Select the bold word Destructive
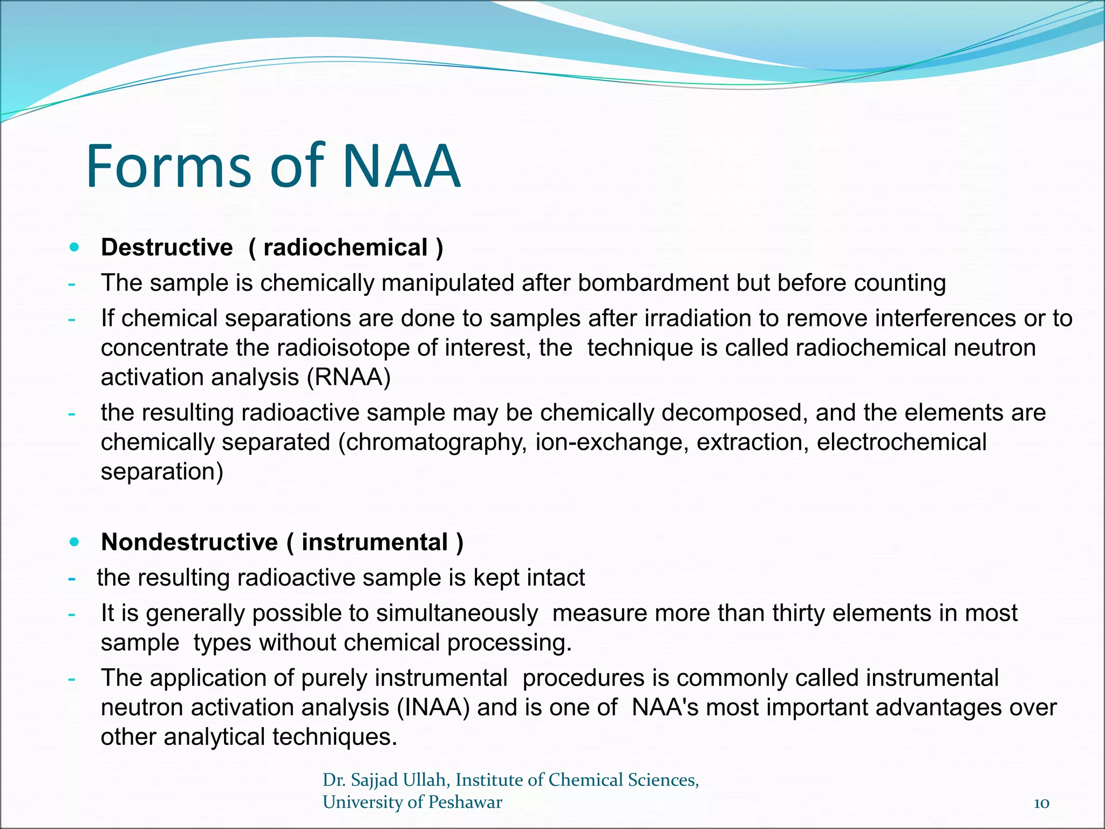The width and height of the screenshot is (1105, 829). [167, 248]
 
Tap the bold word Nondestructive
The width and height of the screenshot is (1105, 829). [189, 542]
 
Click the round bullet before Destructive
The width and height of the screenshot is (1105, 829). [74, 248]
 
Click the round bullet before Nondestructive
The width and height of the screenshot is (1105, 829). [74, 542]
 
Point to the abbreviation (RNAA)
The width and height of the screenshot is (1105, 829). [349, 377]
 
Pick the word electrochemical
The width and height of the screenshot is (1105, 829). [902, 443]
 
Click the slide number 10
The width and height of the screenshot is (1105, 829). [1041, 803]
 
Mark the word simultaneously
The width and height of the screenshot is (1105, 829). [456, 614]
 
